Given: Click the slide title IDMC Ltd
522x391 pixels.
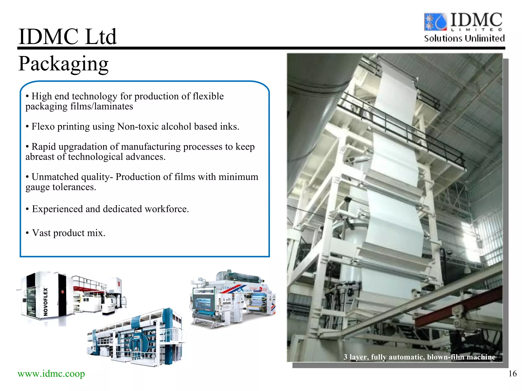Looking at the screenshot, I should pyautogui.click(x=68, y=37).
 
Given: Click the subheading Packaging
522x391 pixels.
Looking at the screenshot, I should pyautogui.click(x=63, y=64).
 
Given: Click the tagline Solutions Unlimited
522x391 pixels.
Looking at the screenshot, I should pyautogui.click(x=464, y=39).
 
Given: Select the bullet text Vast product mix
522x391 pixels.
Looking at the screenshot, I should pyautogui.click(x=68, y=233).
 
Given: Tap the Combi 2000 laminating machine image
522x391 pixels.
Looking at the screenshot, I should pyautogui.click(x=233, y=299).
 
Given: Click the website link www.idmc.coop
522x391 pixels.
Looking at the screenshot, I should pyautogui.click(x=51, y=373).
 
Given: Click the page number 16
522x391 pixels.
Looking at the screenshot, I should pyautogui.click(x=512, y=373).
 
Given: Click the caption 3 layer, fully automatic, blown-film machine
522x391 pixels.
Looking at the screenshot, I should pyautogui.click(x=419, y=357).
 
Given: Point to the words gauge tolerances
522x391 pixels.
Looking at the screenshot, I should pyautogui.click(x=61, y=187).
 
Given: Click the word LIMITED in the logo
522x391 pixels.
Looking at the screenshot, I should pyautogui.click(x=476, y=30).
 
